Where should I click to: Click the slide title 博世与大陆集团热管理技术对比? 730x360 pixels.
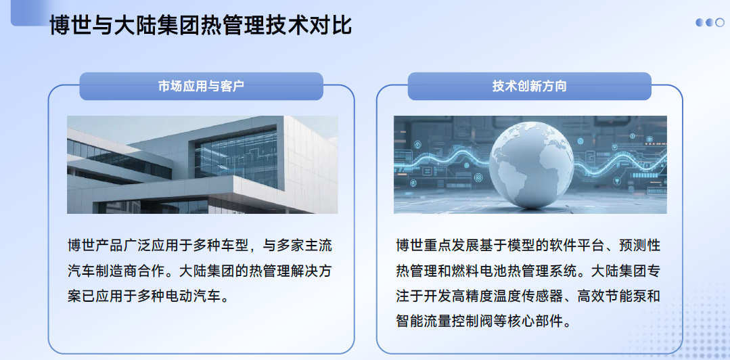point(200,25)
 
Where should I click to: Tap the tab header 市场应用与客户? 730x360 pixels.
point(201,86)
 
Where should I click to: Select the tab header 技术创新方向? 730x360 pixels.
point(529,86)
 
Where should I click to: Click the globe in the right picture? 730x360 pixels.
point(530,164)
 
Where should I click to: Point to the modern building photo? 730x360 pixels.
point(202,165)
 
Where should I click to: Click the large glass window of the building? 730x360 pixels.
point(235,158)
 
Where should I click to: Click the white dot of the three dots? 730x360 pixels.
point(721,22)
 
